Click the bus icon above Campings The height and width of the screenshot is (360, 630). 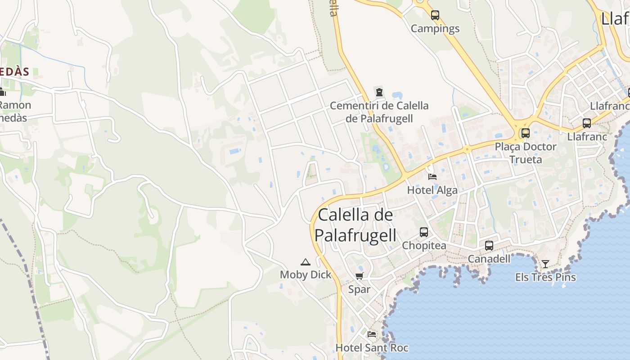pos(435,15)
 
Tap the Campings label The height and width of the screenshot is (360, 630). pos(435,29)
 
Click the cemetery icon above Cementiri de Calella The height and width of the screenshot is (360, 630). pos(379,93)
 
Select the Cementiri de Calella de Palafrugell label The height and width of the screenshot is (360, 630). pos(379,112)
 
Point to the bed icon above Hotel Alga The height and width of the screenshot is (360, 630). pos(432,176)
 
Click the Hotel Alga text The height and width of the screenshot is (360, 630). pos(432,190)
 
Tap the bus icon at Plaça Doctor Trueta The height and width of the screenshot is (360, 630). pos(525,133)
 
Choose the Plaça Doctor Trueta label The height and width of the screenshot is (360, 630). pos(525,153)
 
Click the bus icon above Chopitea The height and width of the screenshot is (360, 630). pos(423,232)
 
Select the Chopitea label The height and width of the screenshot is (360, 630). pos(424,246)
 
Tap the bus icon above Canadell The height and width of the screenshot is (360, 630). pos(489,246)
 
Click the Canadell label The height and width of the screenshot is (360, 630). pos(489,259)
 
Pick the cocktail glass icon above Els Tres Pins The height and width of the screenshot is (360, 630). pos(545,264)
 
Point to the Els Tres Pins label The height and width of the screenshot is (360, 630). pos(545,277)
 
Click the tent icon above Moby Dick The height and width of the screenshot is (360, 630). pos(306,262)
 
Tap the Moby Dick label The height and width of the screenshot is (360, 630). pos(306,275)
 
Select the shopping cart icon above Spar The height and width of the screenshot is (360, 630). pos(359,276)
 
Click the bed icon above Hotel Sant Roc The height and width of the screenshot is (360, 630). pos(372,334)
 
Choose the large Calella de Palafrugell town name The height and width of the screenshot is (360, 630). pos(355,225)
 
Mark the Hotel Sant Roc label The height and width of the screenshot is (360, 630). pos(372,348)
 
